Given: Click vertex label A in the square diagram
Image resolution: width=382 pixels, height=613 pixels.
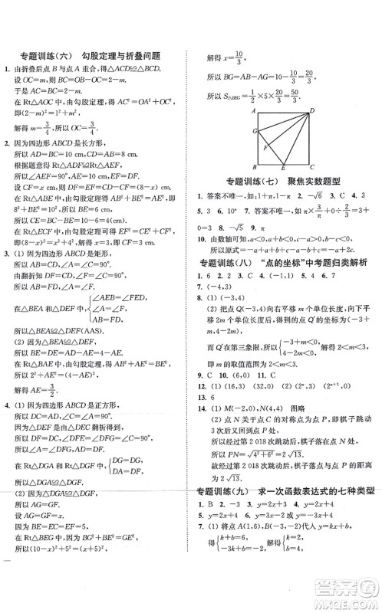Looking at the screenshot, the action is pyautogui.click(x=252, y=113).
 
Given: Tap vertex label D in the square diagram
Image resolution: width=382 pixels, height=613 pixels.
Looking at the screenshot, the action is pyautogui.click(x=313, y=112).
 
